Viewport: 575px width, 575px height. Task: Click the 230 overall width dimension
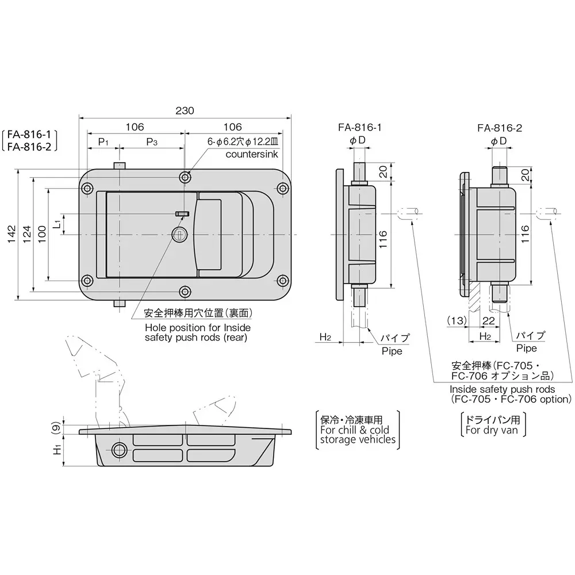coord(185,110)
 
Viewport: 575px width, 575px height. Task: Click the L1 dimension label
coord(56,224)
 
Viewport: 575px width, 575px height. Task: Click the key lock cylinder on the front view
coord(178,234)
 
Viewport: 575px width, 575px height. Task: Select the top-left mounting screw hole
coord(88,189)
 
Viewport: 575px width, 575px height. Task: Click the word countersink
coord(251,155)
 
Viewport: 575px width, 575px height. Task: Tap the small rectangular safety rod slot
coord(182,214)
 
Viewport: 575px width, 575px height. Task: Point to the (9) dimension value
coord(55,427)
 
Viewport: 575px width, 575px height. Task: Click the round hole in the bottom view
coord(120,449)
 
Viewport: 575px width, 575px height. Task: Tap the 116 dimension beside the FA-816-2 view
coord(524,234)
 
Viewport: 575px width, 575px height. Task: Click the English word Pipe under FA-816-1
coord(392,350)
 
